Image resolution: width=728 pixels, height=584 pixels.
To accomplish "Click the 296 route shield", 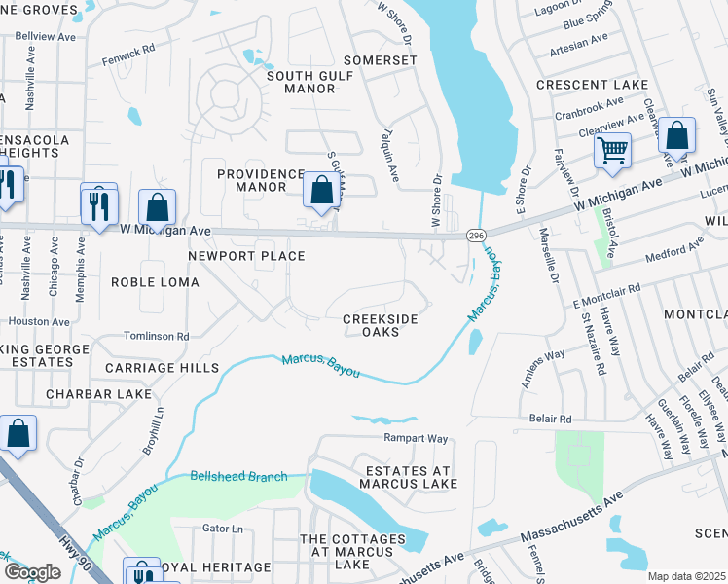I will coord(476,236).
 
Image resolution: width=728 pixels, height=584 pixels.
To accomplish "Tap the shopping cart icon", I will coord(612,150).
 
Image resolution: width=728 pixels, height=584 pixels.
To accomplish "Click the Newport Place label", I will coord(247,256).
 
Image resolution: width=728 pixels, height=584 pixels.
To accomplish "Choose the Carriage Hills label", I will coord(163,369).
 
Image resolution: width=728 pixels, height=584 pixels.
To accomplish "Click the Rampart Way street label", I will coord(416,438).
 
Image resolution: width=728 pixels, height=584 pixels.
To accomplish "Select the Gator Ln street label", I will coord(222,529).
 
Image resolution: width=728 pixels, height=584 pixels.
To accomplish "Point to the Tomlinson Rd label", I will coord(157,336).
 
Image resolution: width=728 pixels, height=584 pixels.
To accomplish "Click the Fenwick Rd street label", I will coord(128,55).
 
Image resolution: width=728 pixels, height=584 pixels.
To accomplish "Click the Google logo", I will coord(32,572).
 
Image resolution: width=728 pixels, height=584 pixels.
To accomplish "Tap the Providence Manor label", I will coord(259,180).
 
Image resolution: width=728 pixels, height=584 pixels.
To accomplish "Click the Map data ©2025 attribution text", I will coord(684,576).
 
